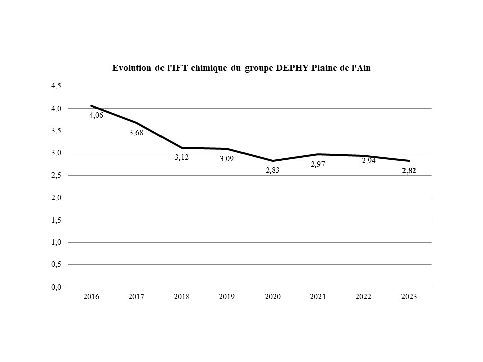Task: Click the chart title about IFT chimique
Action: pyautogui.click(x=241, y=68)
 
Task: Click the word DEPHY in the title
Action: pyautogui.click(x=289, y=68)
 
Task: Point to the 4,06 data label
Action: pyautogui.click(x=96, y=115)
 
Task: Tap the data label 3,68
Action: pyautogui.click(x=136, y=133)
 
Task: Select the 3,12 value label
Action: pyautogui.click(x=182, y=157)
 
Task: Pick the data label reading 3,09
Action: pyautogui.click(x=227, y=159)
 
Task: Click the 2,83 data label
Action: pyautogui.click(x=272, y=170)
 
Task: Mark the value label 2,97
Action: pyautogui.click(x=317, y=164)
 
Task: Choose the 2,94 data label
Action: pyautogui.click(x=369, y=161)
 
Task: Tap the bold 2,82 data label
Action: pyautogui.click(x=409, y=171)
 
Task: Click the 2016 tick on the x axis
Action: pyautogui.click(x=91, y=297)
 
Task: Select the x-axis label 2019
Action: pyautogui.click(x=227, y=297)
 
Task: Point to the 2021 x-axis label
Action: pyautogui.click(x=317, y=297)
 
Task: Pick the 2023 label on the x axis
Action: pyautogui.click(x=409, y=297)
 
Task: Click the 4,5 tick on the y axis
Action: pyautogui.click(x=56, y=86)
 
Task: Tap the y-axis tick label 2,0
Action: pyautogui.click(x=56, y=198)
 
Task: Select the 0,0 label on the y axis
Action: pyautogui.click(x=56, y=287)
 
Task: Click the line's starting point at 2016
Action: pyautogui.click(x=91, y=106)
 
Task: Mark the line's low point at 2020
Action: pyautogui.click(x=272, y=161)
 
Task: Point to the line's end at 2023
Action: pyautogui.click(x=409, y=161)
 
